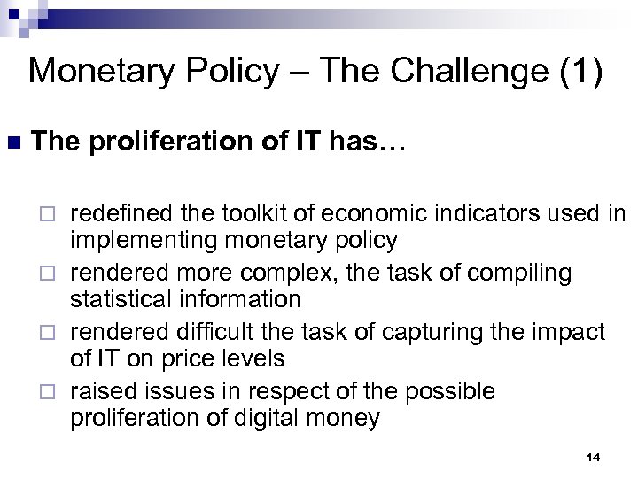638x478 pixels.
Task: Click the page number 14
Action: click(x=593, y=456)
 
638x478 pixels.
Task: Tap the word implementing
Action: click(x=128, y=241)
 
